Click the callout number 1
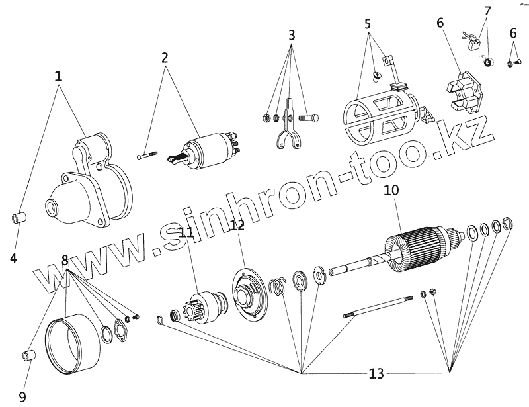59,76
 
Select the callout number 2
165,58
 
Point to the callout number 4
13,259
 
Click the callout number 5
368,24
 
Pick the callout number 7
488,11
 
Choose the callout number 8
65,260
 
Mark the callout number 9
22,396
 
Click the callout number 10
391,191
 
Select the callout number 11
186,232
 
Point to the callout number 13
376,374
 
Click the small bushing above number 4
20,218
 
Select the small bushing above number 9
29,355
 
